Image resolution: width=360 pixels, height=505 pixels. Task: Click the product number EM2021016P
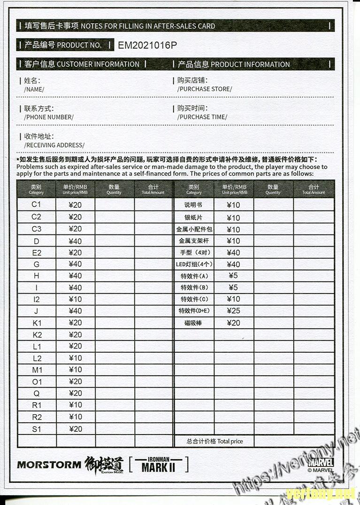[x=147, y=45]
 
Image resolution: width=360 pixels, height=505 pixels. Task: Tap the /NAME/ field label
[x=34, y=89]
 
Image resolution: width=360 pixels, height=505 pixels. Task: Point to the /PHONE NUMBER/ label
[x=49, y=117]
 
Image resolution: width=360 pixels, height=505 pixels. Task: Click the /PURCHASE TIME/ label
[x=202, y=117]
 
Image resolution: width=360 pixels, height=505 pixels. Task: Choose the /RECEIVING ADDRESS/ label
[x=54, y=145]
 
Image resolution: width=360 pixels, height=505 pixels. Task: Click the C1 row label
[x=37, y=204]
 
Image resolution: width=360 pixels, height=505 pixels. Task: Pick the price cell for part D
[x=75, y=241]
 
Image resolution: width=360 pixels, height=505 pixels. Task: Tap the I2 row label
[x=37, y=299]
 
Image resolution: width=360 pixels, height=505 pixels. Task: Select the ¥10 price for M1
[x=75, y=370]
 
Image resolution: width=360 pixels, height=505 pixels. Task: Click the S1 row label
[x=37, y=429]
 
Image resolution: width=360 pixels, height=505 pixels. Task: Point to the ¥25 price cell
[x=233, y=311]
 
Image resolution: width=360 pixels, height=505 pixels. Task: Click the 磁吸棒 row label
[x=194, y=323]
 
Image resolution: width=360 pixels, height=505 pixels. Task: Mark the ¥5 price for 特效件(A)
[x=233, y=275]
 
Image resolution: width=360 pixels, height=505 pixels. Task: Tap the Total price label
[x=214, y=441]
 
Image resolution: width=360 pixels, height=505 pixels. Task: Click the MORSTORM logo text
[x=49, y=465]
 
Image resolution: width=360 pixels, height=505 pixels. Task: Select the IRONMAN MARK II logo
[x=158, y=465]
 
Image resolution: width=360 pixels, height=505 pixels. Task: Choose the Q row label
[x=37, y=393]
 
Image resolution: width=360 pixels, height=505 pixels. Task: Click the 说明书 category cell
[x=194, y=205]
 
